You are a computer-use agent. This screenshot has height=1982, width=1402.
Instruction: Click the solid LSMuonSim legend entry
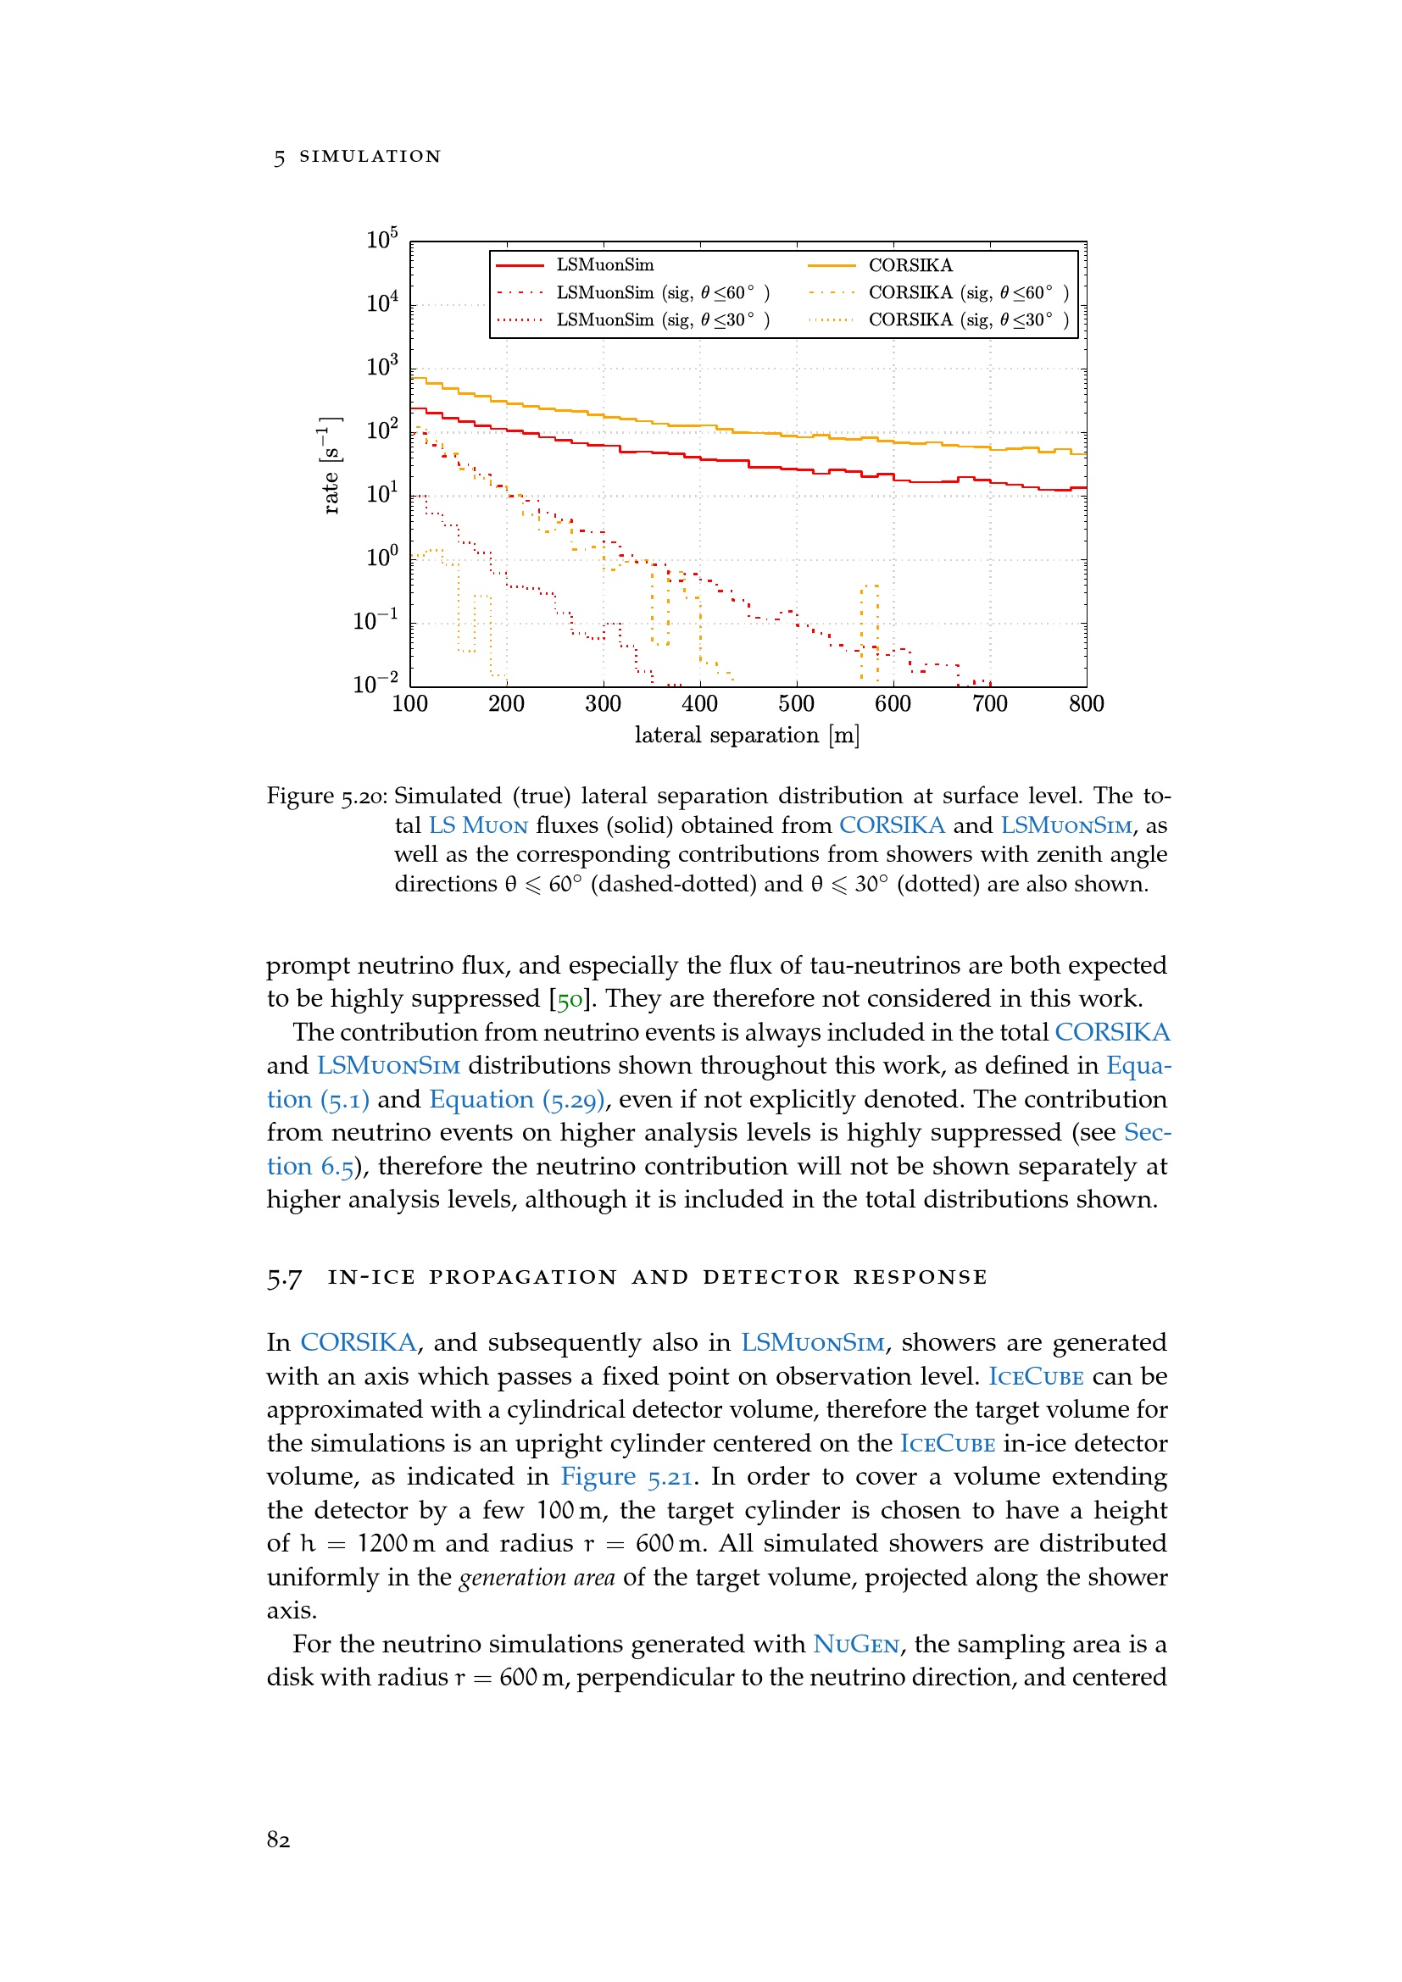pyautogui.click(x=604, y=265)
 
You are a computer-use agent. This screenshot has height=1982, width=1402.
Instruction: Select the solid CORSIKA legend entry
pyautogui.click(x=910, y=265)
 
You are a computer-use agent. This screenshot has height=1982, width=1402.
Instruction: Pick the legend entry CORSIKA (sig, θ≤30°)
pyautogui.click(x=967, y=320)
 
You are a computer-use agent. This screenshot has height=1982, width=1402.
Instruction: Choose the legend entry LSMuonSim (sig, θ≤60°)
pyautogui.click(x=662, y=292)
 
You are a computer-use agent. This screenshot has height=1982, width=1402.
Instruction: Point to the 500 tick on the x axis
pyautogui.click(x=796, y=704)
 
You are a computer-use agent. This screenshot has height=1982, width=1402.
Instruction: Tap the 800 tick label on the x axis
pyautogui.click(x=1086, y=704)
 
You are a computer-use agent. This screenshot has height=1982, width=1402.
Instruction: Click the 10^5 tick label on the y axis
pyautogui.click(x=381, y=239)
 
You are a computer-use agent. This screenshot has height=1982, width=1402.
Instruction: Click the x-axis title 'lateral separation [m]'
pyautogui.click(x=747, y=736)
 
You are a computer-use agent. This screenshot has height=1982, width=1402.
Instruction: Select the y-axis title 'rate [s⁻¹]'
pyautogui.click(x=331, y=465)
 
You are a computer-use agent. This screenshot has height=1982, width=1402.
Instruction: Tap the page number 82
pyautogui.click(x=278, y=1840)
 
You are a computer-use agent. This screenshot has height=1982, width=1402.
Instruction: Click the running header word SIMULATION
pyautogui.click(x=370, y=156)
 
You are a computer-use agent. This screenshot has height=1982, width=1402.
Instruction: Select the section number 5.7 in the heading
pyautogui.click(x=284, y=1278)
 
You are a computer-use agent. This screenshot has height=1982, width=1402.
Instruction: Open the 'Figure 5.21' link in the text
pyautogui.click(x=626, y=1477)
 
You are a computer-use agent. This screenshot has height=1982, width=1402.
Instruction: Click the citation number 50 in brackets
pyautogui.click(x=570, y=1000)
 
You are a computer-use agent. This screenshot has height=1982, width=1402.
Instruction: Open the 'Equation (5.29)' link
pyautogui.click(x=517, y=1100)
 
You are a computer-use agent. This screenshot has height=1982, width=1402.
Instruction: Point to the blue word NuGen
pyautogui.click(x=855, y=1645)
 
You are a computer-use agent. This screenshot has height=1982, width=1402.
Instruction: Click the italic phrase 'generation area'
pyautogui.click(x=536, y=1578)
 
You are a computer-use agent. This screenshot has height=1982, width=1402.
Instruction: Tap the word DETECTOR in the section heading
pyautogui.click(x=770, y=1278)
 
